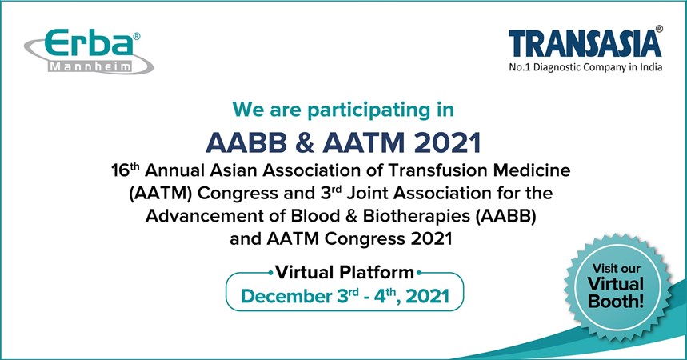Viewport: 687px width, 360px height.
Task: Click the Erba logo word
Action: point(89,43)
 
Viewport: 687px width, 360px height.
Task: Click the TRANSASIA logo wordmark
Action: point(585,44)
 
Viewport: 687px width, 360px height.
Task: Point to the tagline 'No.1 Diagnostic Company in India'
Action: point(585,67)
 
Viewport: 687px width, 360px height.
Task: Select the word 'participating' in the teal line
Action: point(369,110)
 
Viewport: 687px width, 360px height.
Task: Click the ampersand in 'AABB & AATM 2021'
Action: point(305,142)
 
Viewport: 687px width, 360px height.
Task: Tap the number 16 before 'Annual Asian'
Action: point(120,170)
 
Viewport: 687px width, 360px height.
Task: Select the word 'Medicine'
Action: point(533,170)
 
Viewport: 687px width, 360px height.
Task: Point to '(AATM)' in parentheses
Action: point(161,194)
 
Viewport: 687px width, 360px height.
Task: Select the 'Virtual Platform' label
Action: point(345,272)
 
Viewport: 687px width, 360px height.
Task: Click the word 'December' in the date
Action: point(286,297)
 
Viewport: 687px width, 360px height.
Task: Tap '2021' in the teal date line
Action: point(428,297)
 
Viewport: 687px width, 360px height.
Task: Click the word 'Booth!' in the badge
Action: point(616,302)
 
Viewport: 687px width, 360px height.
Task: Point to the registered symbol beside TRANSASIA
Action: point(659,29)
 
